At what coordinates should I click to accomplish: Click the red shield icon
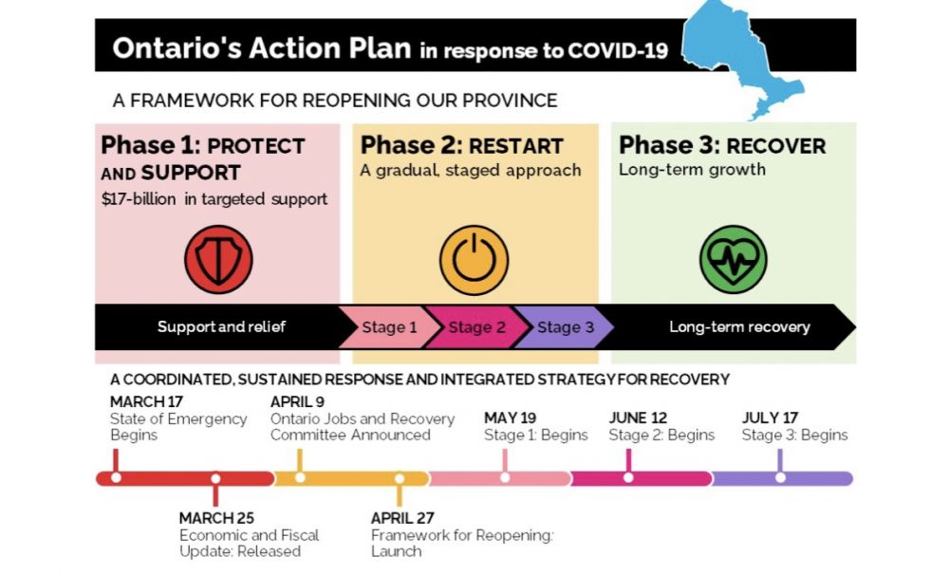(218, 260)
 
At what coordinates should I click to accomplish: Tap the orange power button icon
(474, 260)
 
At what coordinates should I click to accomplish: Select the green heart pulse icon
(734, 260)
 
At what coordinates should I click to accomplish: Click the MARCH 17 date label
(146, 401)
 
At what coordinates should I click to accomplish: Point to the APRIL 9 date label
(297, 401)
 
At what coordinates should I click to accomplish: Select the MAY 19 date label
(511, 417)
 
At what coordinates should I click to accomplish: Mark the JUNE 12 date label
(638, 417)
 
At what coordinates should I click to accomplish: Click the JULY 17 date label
(770, 417)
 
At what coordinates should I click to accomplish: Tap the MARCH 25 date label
(216, 518)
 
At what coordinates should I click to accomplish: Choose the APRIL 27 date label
(402, 518)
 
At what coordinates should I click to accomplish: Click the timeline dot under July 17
(780, 478)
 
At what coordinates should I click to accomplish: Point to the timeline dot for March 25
(215, 479)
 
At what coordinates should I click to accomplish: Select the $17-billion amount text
(139, 199)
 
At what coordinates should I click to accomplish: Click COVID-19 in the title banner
(618, 50)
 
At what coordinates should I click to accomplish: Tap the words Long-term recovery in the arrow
(739, 326)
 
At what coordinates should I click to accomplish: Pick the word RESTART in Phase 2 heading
(516, 146)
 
